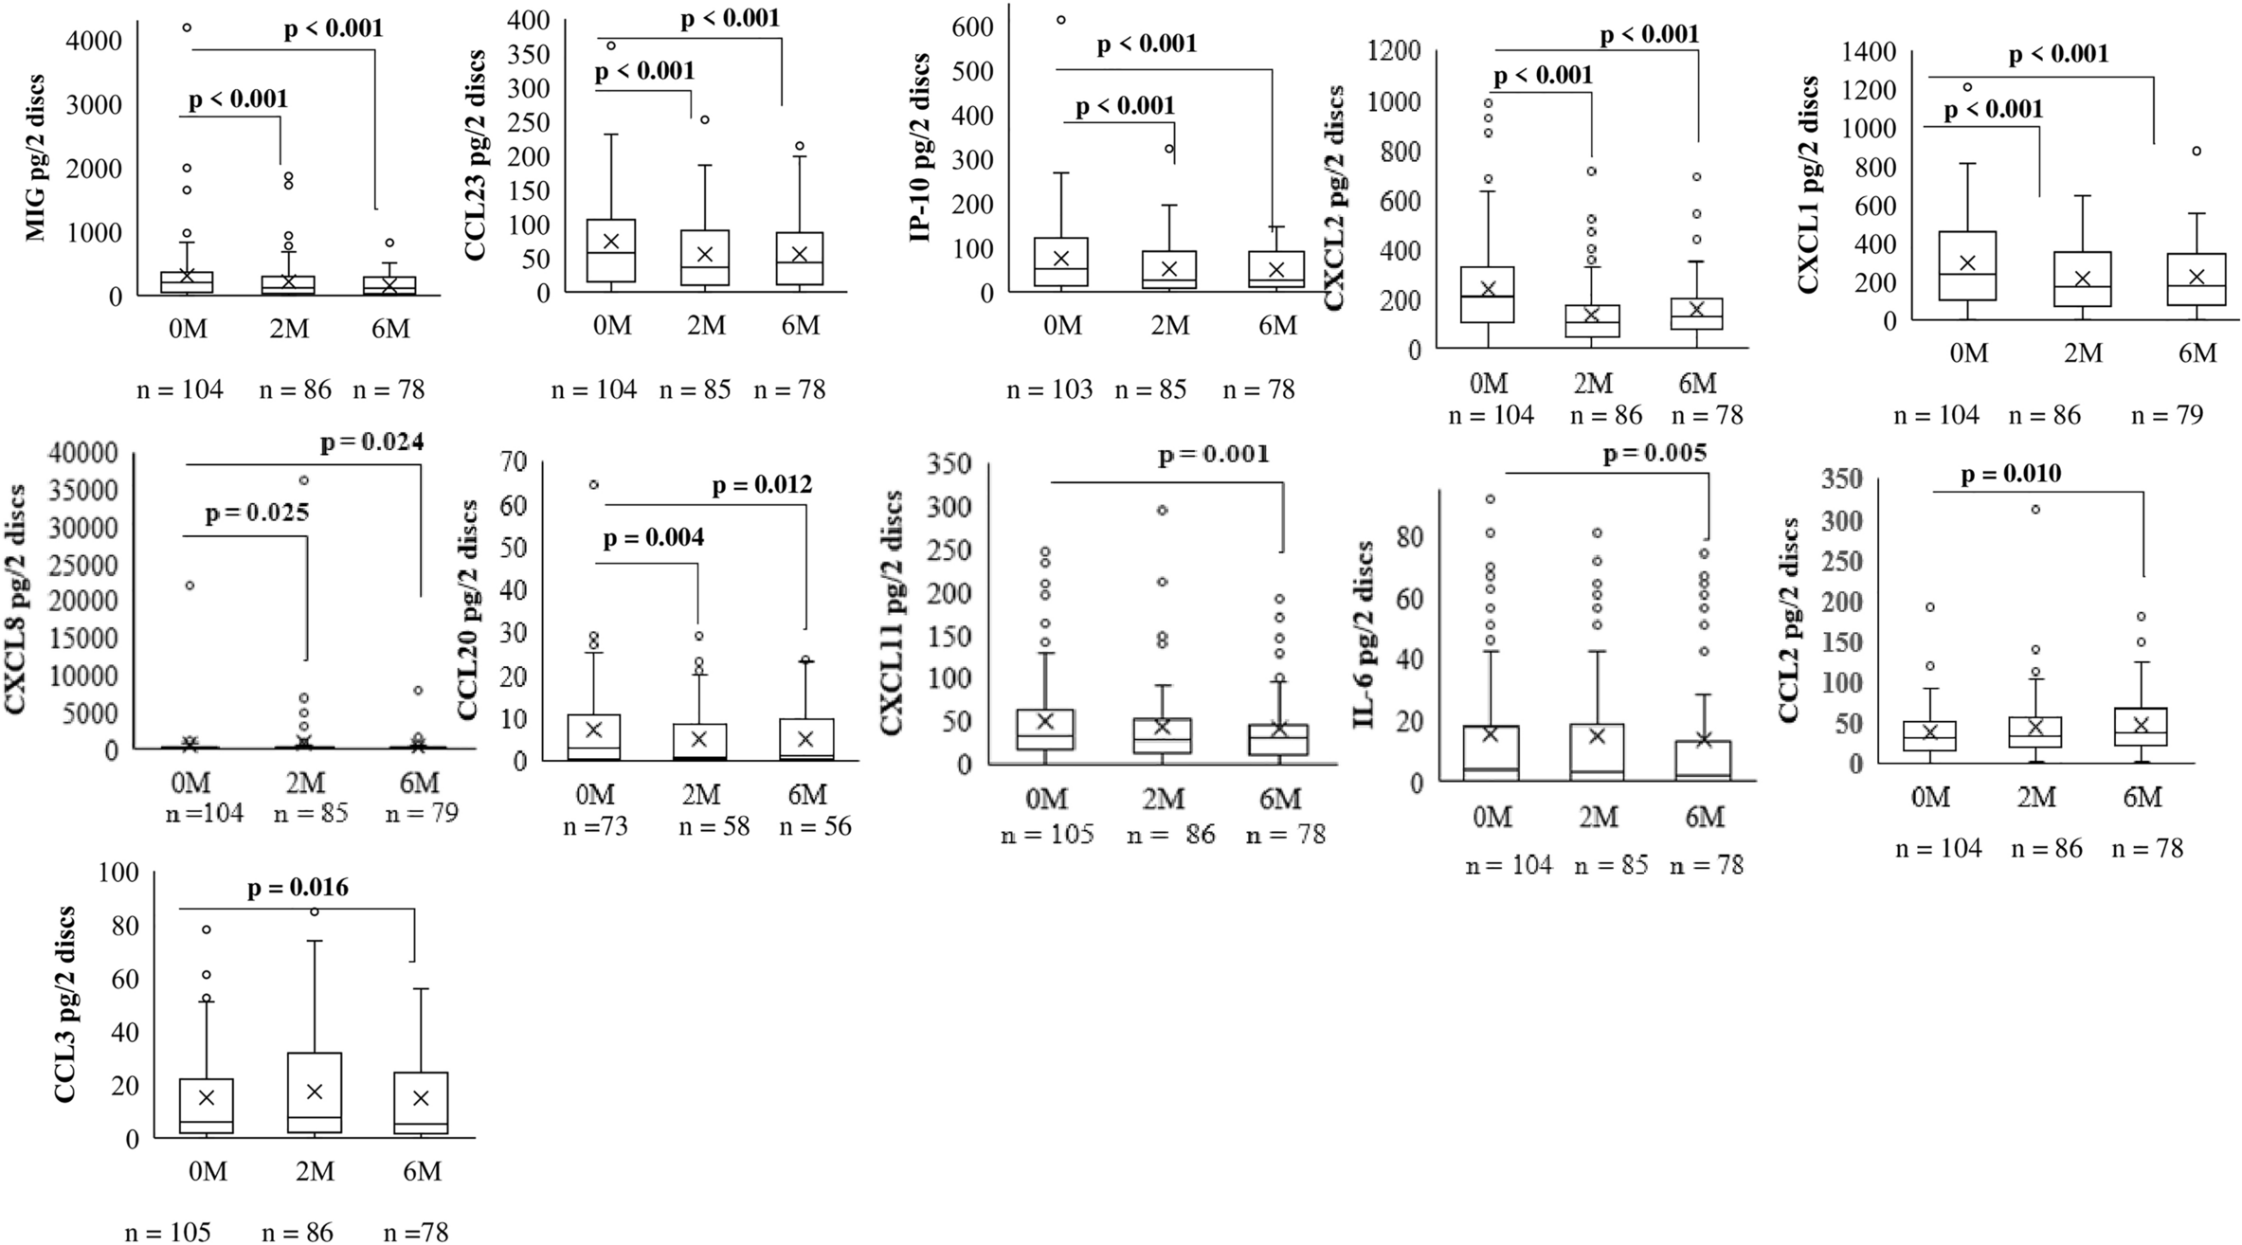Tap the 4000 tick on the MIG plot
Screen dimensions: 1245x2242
point(97,41)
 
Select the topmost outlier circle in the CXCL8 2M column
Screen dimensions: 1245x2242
point(304,479)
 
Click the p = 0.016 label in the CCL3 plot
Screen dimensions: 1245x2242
point(298,888)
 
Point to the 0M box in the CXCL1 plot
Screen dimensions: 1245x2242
point(1968,266)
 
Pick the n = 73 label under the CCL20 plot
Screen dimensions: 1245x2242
point(596,826)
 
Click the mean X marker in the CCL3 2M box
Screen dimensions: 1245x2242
point(315,1092)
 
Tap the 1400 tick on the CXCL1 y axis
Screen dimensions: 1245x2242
point(1870,51)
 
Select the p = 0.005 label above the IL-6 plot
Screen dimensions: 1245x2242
point(1654,454)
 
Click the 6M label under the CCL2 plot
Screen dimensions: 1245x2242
point(2141,799)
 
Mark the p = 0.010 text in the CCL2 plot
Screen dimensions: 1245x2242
point(2011,475)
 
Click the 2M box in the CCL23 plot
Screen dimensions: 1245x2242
point(705,257)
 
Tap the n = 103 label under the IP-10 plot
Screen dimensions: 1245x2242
point(1049,389)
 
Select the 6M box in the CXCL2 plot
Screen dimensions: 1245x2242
point(1696,314)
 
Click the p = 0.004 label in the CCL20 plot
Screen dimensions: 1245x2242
point(654,538)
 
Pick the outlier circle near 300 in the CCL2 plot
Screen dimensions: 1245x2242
point(2034,510)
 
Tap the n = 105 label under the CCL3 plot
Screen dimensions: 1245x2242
point(168,1232)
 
